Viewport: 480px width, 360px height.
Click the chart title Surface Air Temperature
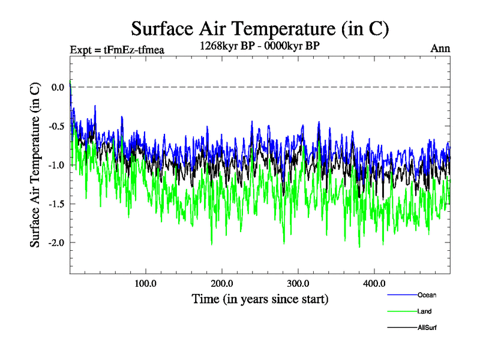(260, 28)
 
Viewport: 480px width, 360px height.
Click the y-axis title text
(35, 164)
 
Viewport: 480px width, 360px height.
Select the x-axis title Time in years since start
(260, 298)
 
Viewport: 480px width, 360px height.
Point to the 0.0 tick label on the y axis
(58, 87)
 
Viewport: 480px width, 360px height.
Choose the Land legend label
(424, 311)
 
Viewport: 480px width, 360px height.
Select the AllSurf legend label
(427, 328)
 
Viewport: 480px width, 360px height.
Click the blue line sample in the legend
(401, 295)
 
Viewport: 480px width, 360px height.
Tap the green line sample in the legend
(401, 311)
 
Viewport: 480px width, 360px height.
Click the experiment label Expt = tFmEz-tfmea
(117, 50)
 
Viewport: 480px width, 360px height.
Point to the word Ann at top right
(440, 49)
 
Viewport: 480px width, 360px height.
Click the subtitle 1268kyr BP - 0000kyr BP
(260, 45)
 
